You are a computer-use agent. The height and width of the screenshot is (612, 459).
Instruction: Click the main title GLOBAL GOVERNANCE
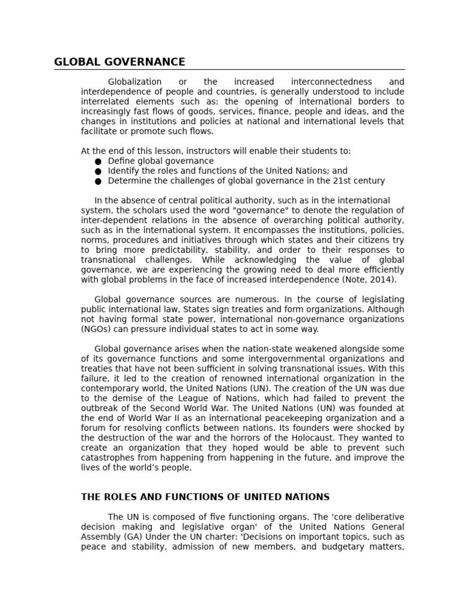point(120,62)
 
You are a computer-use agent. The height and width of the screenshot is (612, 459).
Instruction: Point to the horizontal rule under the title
point(229,70)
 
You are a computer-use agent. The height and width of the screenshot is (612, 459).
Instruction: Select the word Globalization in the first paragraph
point(126,82)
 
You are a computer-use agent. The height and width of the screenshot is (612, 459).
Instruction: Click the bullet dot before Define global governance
point(98,161)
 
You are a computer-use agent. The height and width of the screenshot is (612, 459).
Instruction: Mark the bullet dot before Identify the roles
point(98,172)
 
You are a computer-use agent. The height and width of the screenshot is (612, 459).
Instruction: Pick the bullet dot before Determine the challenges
point(98,181)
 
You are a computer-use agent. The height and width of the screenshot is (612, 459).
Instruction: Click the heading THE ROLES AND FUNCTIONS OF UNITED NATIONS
point(205,497)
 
